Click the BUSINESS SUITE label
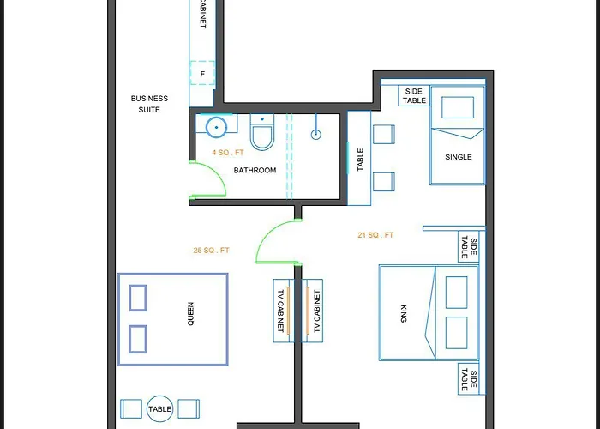pos(149,104)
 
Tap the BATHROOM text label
pos(255,171)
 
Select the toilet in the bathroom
pos(261,135)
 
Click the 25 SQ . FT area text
pos(212,251)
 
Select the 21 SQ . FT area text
pos(375,235)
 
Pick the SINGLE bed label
pos(459,157)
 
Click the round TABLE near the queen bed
pos(160,410)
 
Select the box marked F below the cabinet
pos(202,74)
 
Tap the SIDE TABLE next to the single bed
pos(414,95)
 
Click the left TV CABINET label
pos(280,311)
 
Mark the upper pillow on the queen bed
pos(138,298)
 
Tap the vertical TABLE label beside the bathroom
pos(360,159)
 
